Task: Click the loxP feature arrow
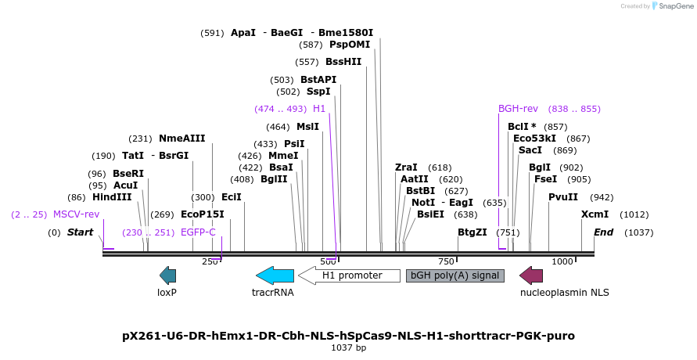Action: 167,275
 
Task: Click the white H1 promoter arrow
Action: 349,275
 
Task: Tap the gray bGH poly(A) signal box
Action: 455,275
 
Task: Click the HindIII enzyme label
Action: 111,198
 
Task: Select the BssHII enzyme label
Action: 343,62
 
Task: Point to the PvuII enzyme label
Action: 563,197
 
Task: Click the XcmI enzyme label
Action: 595,214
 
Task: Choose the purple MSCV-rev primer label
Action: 76,214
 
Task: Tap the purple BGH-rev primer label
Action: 518,109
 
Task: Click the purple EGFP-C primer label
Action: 198,232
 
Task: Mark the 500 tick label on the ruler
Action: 328,261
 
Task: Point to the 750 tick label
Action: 446,261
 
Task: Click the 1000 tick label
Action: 562,261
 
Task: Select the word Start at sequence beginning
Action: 80,232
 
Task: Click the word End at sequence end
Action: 603,232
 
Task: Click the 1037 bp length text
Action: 348,347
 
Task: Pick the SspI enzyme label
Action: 319,92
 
